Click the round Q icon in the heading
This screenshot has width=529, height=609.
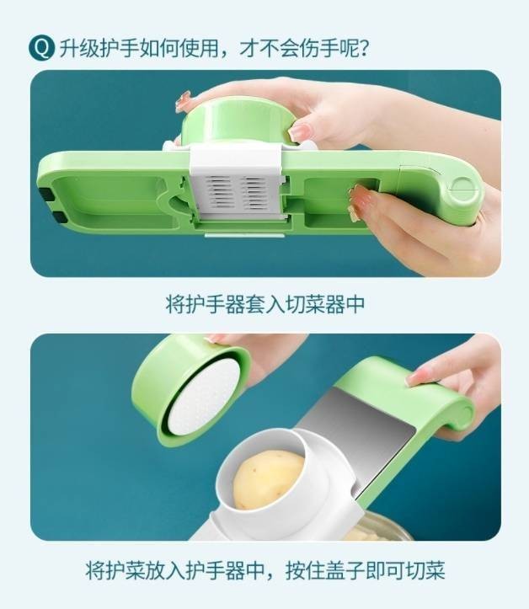click(x=41, y=48)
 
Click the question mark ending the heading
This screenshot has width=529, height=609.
click(x=363, y=49)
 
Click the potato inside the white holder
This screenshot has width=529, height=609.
click(x=268, y=478)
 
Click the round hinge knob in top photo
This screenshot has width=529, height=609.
click(x=463, y=192)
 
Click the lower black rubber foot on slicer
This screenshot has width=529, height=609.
click(x=56, y=217)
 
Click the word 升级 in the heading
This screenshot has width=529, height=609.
click(x=79, y=49)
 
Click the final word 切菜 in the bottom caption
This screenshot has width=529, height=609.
click(x=425, y=569)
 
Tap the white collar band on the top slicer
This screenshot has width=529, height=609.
click(x=236, y=160)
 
